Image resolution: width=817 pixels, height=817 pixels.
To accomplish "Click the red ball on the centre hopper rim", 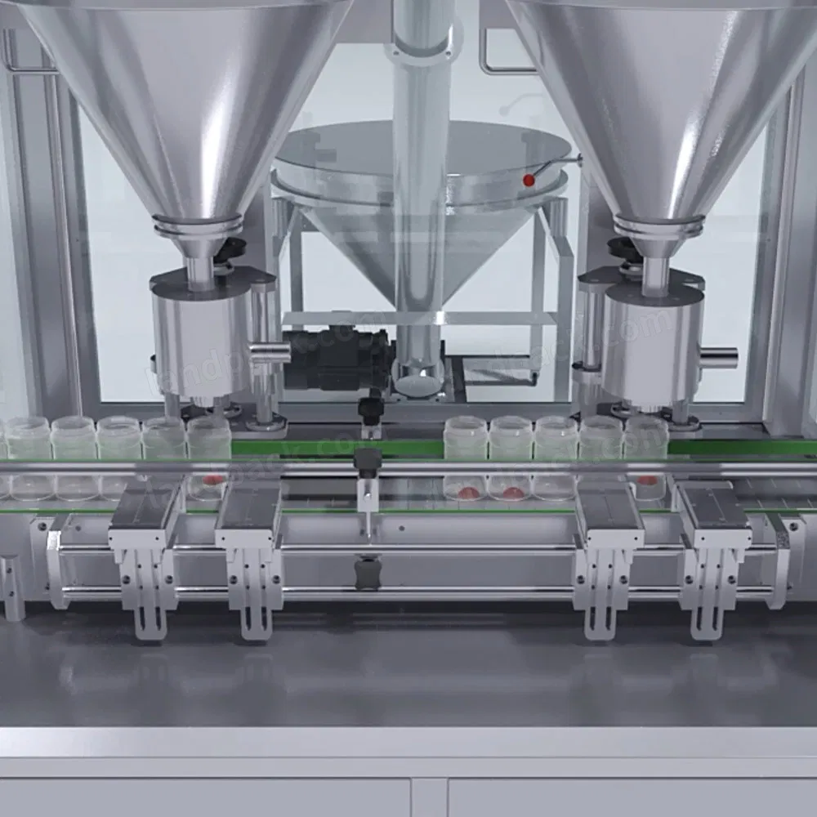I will pyautogui.click(x=529, y=180).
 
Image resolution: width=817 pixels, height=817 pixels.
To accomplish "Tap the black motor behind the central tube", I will pyautogui.click(x=339, y=357).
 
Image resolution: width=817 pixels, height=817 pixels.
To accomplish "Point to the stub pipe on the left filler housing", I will pyautogui.click(x=270, y=352).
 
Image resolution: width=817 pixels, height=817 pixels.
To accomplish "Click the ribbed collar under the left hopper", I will pyautogui.click(x=198, y=225).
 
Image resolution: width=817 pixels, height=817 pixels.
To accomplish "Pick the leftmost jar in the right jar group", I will pyautogui.click(x=466, y=439).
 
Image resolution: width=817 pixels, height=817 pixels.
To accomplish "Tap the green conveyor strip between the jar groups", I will pyautogui.click(x=335, y=448).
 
